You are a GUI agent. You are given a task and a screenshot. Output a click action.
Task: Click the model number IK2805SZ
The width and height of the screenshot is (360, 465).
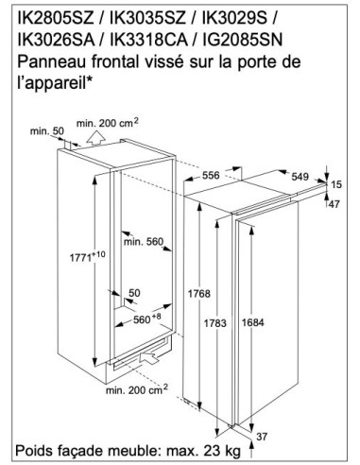pyautogui.click(x=56, y=19)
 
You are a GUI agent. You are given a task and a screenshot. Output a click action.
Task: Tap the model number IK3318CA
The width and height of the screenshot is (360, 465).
pyautogui.click(x=149, y=40)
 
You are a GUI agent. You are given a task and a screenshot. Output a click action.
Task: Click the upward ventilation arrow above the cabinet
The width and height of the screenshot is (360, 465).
pyautogui.click(x=95, y=138)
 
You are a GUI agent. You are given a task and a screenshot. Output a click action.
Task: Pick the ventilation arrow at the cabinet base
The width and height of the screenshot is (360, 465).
pyautogui.click(x=147, y=358)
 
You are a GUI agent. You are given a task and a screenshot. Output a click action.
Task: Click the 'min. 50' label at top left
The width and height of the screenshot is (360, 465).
pyautogui.click(x=47, y=131)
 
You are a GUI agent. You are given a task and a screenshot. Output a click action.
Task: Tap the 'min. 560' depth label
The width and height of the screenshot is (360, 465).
pyautogui.click(x=144, y=242)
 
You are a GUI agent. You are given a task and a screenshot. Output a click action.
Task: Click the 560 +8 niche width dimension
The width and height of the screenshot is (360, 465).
pyautogui.click(x=146, y=319)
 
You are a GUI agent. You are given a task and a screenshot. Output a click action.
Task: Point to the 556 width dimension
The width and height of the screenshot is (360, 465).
pyautogui.click(x=211, y=175)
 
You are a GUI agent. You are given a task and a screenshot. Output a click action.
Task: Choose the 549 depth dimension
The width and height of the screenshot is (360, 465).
pyautogui.click(x=300, y=177)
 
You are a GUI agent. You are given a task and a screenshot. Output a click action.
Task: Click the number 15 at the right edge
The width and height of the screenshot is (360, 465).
pyautogui.click(x=336, y=184)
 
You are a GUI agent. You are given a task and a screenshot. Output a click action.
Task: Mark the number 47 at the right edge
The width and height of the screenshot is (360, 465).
pyautogui.click(x=334, y=204)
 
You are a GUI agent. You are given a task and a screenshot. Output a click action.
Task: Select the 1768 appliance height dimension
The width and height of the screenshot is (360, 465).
pyautogui.click(x=199, y=294)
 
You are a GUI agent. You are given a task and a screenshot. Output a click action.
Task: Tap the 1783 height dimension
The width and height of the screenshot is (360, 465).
pyautogui.click(x=215, y=323)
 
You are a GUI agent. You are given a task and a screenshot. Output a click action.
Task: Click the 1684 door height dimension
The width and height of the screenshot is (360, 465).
pyautogui.click(x=253, y=322)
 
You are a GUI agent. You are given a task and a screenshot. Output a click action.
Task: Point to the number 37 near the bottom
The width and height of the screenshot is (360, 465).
pyautogui.click(x=262, y=437)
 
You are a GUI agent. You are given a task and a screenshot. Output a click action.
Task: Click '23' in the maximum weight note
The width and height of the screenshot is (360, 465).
pyautogui.click(x=212, y=451)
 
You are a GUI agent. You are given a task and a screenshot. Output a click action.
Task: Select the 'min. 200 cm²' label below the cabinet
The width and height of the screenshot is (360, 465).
pyautogui.click(x=137, y=389)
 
